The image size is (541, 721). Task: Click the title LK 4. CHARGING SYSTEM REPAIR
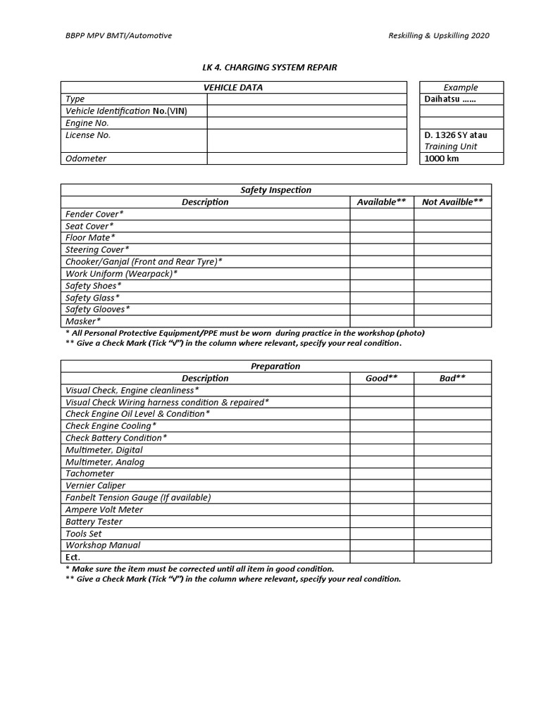(x=270, y=67)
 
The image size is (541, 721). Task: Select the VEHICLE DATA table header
(x=233, y=87)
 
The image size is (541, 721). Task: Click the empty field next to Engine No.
(x=306, y=123)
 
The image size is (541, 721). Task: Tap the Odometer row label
(x=86, y=158)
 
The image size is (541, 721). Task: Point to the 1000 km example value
(x=442, y=158)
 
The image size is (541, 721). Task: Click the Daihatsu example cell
(x=450, y=99)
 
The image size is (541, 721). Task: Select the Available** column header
(x=381, y=202)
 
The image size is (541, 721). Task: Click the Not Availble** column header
(x=452, y=202)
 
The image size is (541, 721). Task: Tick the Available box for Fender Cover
(x=381, y=214)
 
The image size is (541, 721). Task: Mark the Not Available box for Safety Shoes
(x=452, y=286)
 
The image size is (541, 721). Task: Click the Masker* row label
(x=83, y=321)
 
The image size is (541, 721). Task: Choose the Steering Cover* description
(x=97, y=250)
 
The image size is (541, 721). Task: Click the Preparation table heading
(x=275, y=366)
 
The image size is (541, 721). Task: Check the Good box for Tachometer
(x=381, y=474)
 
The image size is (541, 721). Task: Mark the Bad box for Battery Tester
(x=452, y=522)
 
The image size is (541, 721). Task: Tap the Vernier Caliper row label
(x=95, y=486)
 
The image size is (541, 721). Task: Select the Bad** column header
(x=452, y=378)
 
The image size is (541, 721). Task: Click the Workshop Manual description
(x=103, y=545)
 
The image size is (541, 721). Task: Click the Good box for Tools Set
(x=381, y=534)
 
